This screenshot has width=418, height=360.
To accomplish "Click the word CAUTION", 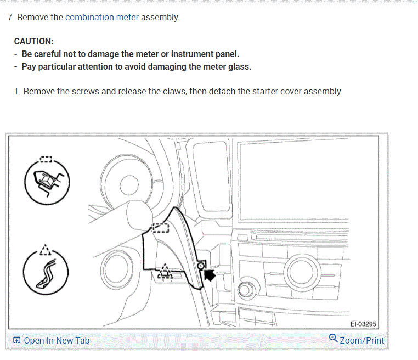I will [x=33, y=41].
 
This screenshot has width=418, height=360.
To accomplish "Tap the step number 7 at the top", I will [x=10, y=17].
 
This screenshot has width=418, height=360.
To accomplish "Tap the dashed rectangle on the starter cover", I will [x=160, y=227].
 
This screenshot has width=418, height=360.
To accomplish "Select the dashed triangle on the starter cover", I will [x=164, y=270].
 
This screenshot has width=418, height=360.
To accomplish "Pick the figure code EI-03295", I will [x=363, y=324].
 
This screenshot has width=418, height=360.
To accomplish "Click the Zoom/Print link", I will [x=362, y=340].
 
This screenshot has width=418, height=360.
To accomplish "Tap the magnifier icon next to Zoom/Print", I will [x=333, y=339].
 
